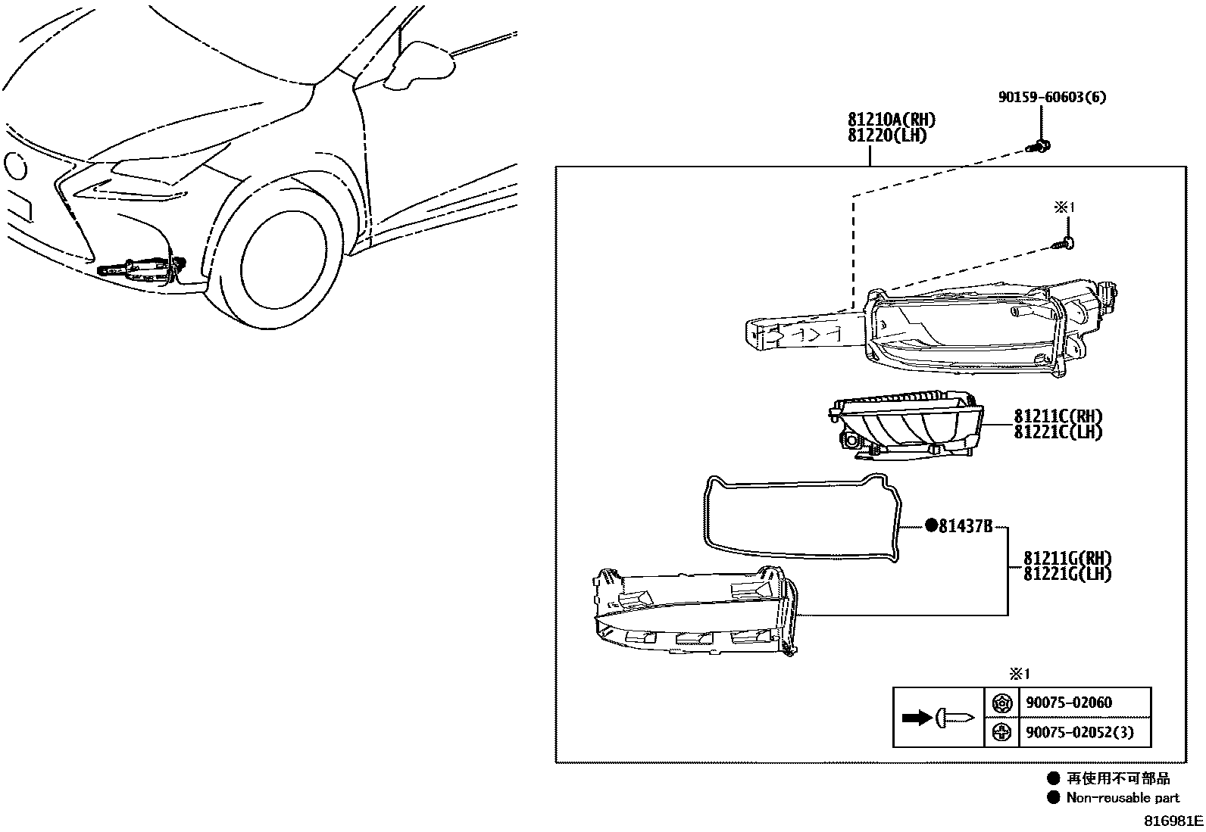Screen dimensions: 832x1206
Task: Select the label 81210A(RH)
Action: (891, 120)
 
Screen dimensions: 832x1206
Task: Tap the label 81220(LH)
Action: (886, 136)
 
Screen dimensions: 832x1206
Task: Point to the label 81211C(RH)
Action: (1058, 416)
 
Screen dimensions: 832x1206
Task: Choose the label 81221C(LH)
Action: (1058, 432)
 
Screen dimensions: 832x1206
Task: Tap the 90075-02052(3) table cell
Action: (1079, 732)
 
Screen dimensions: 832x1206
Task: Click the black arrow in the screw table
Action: (917, 717)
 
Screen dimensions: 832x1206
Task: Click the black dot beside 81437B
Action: (929, 526)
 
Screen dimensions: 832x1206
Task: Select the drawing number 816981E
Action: (1173, 821)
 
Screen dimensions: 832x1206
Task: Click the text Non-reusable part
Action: (1123, 797)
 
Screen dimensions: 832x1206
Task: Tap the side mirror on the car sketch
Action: (420, 61)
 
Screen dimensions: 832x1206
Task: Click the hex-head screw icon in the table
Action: (1001, 703)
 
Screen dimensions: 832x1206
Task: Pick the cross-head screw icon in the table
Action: (1001, 732)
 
